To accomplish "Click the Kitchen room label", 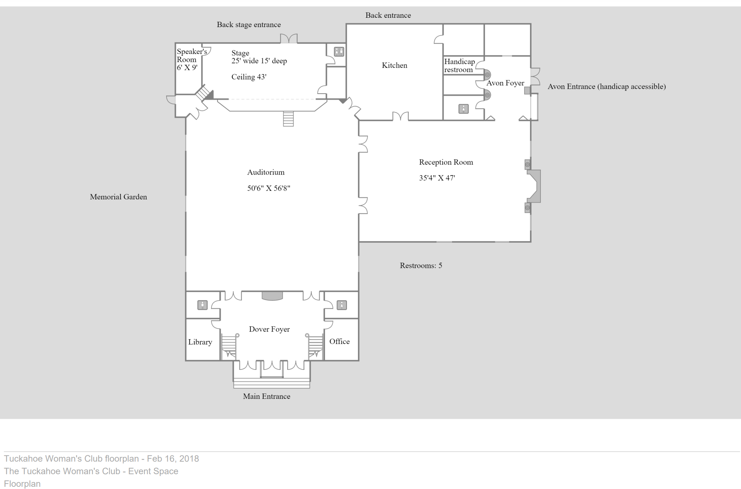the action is coord(395,65).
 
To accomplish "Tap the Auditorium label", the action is coord(266,172).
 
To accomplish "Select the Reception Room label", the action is coord(446,162).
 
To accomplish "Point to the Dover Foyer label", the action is coord(269,329).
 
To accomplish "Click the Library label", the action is coord(200,342).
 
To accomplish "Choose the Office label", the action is coord(339,341).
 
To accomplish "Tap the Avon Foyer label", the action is coord(505,83).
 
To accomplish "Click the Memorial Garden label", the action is coord(118,197).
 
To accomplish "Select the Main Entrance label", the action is coord(266,396).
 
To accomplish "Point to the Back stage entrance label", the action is coord(249,25).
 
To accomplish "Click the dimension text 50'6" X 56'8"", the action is coord(269,188).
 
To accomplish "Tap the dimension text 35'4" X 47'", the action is coord(437,178).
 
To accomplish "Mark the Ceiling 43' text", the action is coord(249,77).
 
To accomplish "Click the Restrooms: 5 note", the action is coord(421,266).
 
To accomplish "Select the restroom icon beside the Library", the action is coord(202,305).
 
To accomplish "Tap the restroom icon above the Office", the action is coord(342,305).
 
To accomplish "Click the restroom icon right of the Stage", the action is coord(339,52).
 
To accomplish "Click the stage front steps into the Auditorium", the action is coord(288,119).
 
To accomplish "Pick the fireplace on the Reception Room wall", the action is coord(533,186).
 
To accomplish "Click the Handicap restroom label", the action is coord(459,66).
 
